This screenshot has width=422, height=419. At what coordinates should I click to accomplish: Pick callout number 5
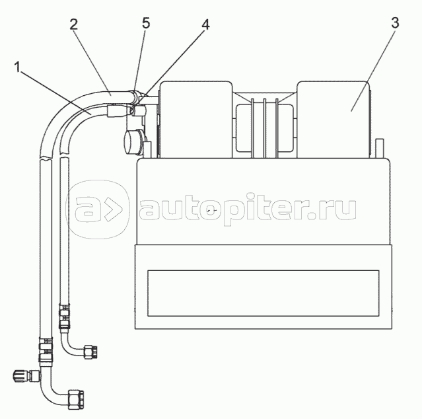pos(146,22)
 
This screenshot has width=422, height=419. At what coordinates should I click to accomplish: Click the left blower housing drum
pos(195,119)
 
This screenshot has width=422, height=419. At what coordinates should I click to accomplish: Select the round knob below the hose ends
pos(134,141)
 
